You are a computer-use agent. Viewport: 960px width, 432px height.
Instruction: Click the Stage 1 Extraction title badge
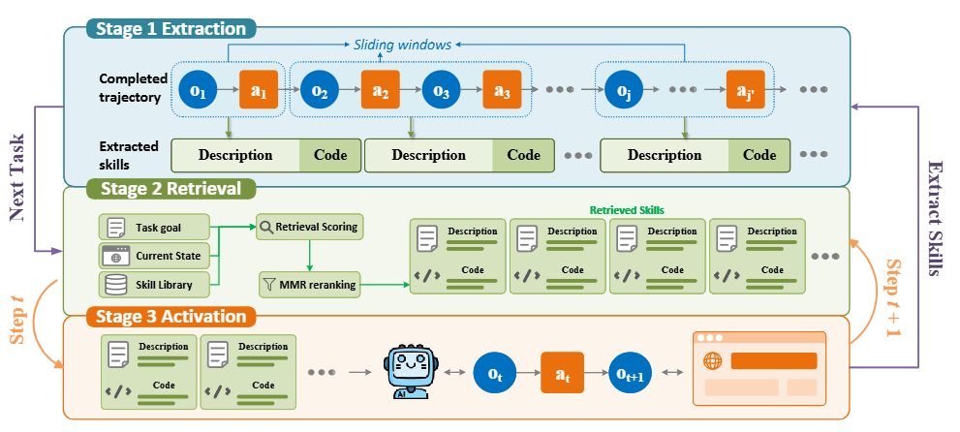point(170,29)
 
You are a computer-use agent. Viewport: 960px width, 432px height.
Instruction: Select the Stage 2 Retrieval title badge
point(170,189)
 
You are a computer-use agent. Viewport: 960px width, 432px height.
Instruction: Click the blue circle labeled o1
point(199,89)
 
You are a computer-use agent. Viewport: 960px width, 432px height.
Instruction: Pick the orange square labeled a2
point(380,89)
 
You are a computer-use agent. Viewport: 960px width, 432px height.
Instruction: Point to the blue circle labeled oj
point(624,89)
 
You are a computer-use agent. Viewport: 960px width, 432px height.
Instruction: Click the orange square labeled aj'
point(745,89)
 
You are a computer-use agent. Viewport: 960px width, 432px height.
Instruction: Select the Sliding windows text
point(402,45)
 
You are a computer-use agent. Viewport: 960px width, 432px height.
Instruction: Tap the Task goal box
point(154,227)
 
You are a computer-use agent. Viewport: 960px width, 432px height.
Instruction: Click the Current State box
point(154,256)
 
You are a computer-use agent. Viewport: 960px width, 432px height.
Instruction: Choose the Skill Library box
point(154,285)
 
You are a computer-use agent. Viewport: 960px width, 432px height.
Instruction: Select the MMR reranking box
point(309,285)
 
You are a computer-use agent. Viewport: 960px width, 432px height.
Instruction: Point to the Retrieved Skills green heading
point(627,210)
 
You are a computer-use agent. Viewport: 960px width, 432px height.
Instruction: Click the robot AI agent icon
point(410,373)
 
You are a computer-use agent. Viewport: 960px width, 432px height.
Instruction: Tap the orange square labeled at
point(562,373)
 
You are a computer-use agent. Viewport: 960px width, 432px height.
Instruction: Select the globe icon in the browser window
point(712,361)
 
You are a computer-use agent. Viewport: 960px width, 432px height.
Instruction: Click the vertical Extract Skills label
point(935,218)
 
